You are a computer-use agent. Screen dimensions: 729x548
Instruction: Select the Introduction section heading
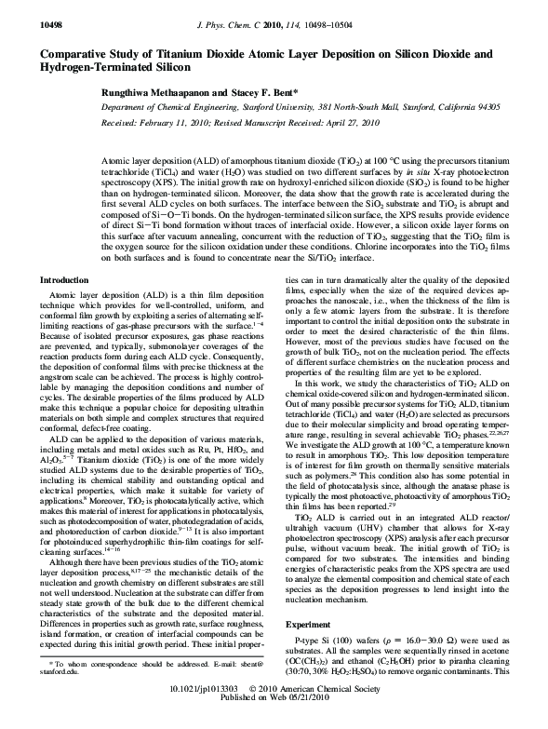64,253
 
